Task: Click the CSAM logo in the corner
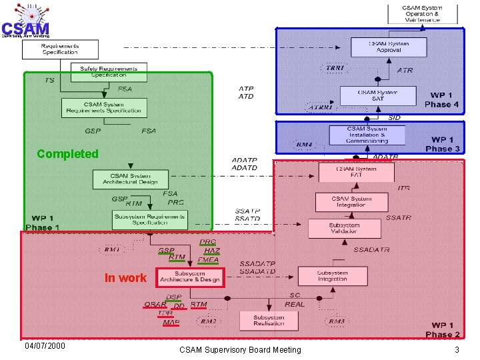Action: [25, 20]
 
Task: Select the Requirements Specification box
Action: [60, 49]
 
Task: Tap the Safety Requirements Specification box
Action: [109, 72]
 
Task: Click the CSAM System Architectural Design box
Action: [131, 179]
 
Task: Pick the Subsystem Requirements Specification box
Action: [149, 219]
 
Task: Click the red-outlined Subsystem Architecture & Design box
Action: [190, 277]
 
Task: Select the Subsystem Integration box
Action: [332, 276]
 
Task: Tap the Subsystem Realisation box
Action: [269, 320]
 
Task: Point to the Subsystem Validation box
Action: [349, 229]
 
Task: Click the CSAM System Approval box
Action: [389, 47]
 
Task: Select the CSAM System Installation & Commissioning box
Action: [367, 134]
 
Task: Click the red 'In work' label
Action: [125, 277]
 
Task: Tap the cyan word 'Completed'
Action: [67, 154]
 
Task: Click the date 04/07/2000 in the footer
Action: [45, 346]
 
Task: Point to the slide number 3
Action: [457, 349]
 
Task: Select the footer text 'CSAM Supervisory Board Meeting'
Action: [240, 349]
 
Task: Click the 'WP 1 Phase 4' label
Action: [441, 100]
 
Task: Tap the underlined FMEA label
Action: [208, 261]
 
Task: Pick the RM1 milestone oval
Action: [112, 249]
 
